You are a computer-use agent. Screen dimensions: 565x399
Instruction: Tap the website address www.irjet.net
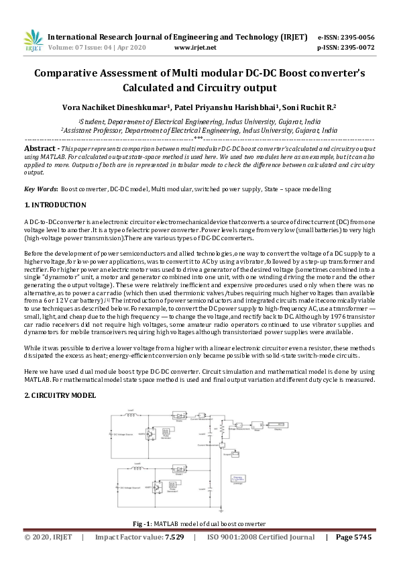pyautogui.click(x=194, y=48)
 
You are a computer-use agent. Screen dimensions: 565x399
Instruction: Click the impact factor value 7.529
pyautogui.click(x=174, y=537)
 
